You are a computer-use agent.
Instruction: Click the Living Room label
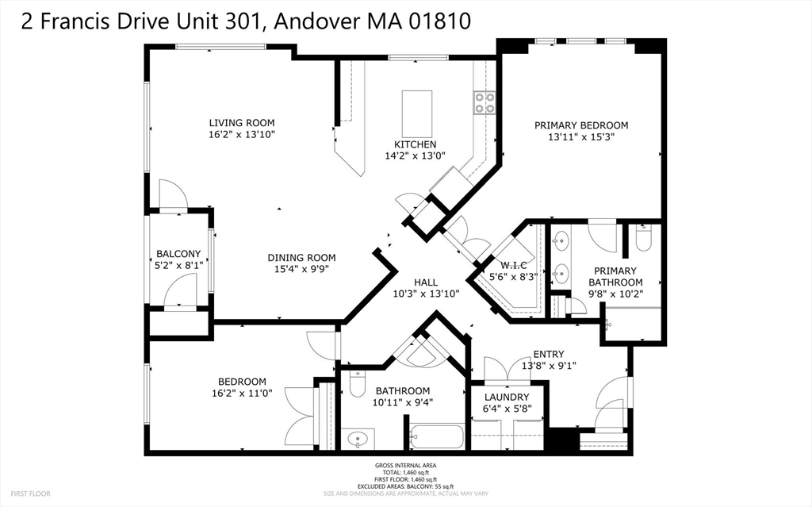pos(242,123)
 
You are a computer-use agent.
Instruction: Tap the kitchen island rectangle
pos(417,113)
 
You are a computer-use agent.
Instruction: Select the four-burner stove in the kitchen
pos(485,102)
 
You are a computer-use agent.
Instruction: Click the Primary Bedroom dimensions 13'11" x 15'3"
pos(581,137)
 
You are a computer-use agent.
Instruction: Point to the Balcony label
pos(178,254)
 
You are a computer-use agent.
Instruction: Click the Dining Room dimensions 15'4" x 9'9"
pos(301,269)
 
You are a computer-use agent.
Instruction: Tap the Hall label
pos(426,282)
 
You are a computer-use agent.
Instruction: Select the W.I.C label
pos(513,266)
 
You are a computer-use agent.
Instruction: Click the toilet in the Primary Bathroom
pos(643,238)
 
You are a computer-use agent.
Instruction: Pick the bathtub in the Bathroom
pos(437,436)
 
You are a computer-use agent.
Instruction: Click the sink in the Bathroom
pos(358,440)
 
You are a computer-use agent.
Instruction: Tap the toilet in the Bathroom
pos(358,383)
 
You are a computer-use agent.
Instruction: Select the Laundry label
pos(507,397)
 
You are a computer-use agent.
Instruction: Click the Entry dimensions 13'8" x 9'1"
pos(549,366)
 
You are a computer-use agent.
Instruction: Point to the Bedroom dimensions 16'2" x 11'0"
pos(242,393)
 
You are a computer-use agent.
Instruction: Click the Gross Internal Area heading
pos(405,466)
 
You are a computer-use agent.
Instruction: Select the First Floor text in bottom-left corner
pos(31,494)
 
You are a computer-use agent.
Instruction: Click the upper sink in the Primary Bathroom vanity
pos(560,240)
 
